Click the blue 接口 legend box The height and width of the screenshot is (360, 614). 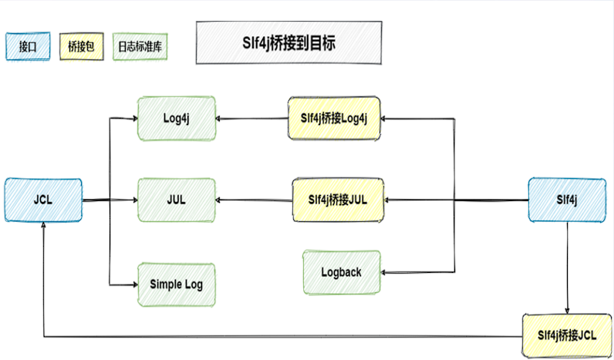click(28, 47)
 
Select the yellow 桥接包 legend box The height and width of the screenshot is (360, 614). click(80, 47)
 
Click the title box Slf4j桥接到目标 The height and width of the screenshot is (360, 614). click(288, 42)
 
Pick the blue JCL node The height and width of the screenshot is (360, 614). click(42, 199)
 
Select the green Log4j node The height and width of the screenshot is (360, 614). click(176, 119)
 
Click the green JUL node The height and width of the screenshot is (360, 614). click(176, 199)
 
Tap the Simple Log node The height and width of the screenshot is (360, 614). click(176, 284)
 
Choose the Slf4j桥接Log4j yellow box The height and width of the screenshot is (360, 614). click(335, 119)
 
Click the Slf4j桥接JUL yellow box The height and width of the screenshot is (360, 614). click(336, 199)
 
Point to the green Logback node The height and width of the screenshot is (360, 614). click(341, 272)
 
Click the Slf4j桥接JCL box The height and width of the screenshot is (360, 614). click(567, 335)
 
